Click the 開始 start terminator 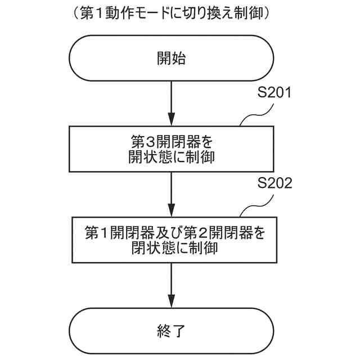[x=171, y=58]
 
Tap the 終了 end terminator [x=171, y=331]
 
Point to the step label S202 [x=274, y=184]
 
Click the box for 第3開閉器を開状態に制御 [x=171, y=148]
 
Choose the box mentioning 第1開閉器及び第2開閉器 [x=171, y=238]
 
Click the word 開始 [x=171, y=58]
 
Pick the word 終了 [x=171, y=331]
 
